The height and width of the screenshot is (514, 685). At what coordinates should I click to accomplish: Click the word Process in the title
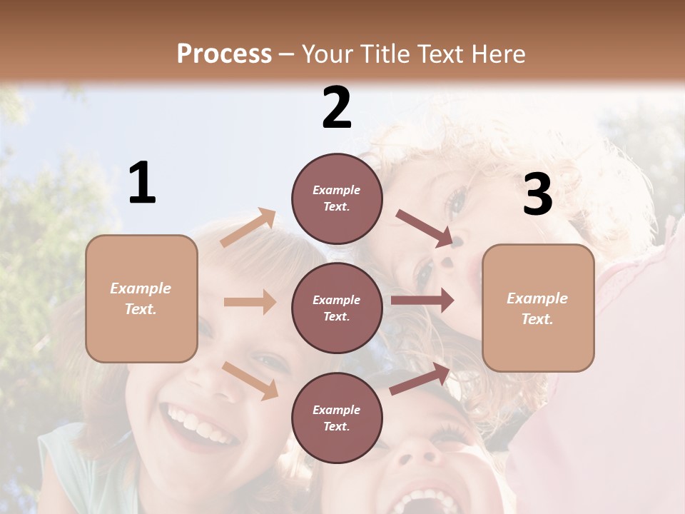(x=224, y=54)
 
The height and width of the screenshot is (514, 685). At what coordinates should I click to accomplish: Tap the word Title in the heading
(x=384, y=54)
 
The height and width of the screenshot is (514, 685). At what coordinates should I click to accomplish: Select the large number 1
(x=142, y=183)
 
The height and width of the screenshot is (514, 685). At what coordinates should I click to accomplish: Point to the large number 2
(x=337, y=108)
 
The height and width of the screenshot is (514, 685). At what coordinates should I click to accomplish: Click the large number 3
(x=537, y=195)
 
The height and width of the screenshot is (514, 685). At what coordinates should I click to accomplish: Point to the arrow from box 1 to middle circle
(x=250, y=302)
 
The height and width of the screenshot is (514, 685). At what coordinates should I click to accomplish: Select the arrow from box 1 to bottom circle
(x=250, y=380)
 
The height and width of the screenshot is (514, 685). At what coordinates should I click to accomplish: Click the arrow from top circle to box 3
(x=425, y=228)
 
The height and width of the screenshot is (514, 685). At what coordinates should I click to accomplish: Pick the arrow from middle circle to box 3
(x=422, y=301)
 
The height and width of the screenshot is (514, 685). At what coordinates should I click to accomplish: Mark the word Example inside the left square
(x=141, y=288)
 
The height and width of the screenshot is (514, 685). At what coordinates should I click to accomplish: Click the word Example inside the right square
(x=537, y=298)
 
